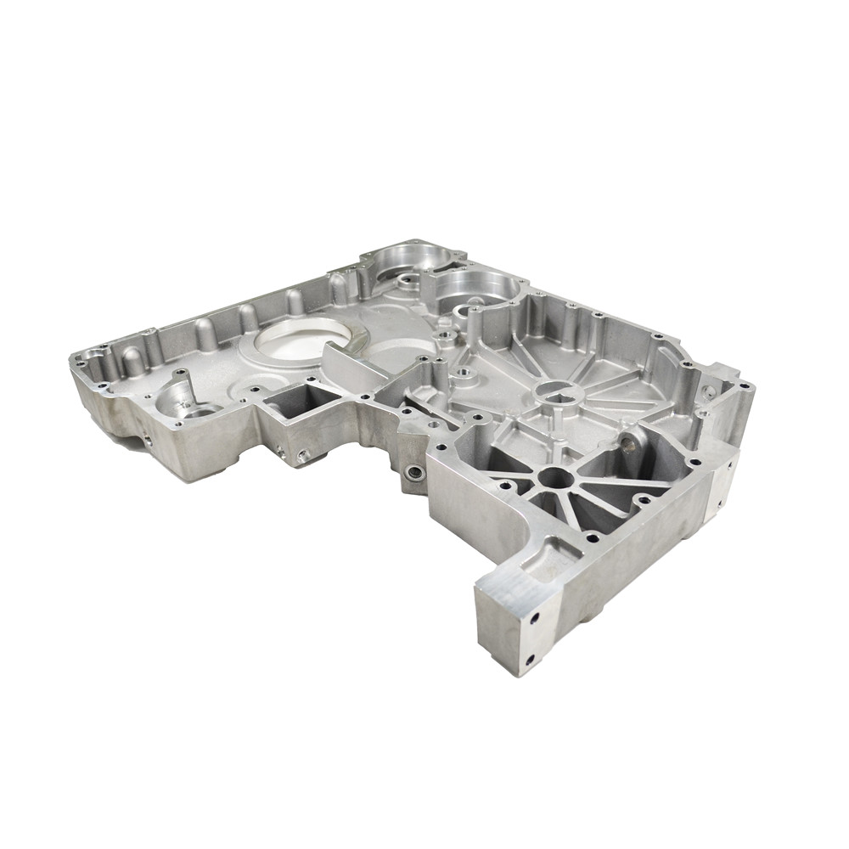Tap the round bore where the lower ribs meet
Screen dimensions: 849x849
click(x=554, y=478)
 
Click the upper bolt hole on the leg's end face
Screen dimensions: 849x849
click(x=534, y=618)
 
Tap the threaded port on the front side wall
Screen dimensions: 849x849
click(x=413, y=473)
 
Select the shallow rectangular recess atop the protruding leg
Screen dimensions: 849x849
click(x=553, y=561)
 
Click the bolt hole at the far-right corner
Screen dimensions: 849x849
click(x=744, y=387)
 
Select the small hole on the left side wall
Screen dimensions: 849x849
click(x=146, y=440)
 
